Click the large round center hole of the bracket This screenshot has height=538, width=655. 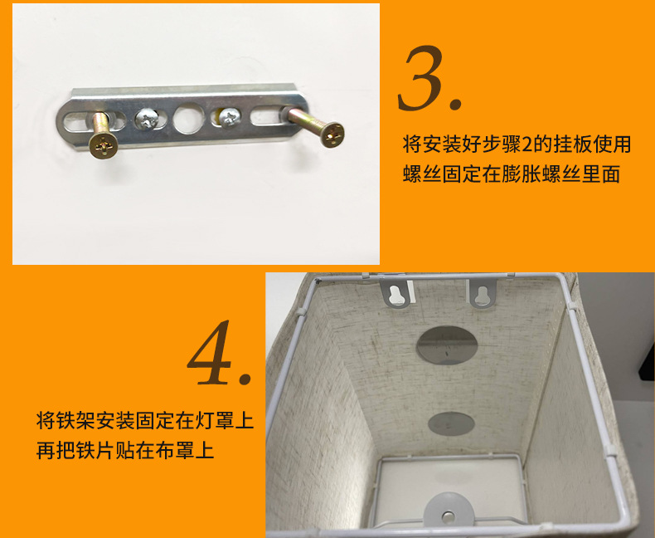[x=183, y=120]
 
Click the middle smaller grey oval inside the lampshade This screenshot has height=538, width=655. [x=451, y=423]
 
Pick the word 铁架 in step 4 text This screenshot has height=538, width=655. [x=77, y=420]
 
